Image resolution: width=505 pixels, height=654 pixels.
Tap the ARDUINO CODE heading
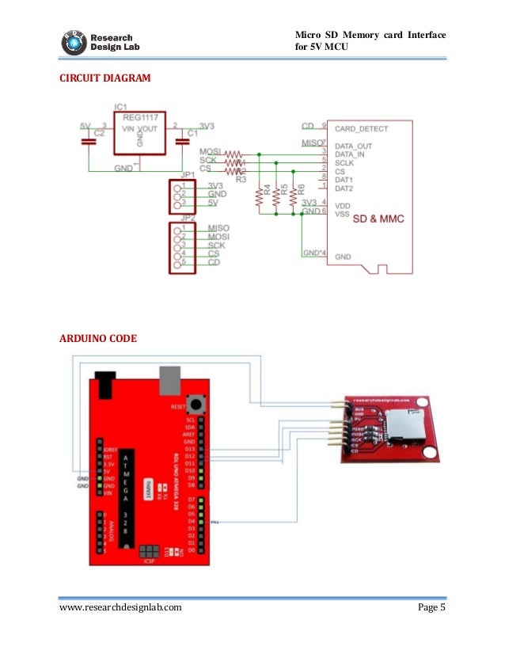coord(98,338)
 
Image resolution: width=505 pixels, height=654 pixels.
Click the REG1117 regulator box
coord(139,133)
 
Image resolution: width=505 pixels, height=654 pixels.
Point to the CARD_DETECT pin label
coord(360,127)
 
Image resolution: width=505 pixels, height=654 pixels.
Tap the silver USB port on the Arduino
coord(170,380)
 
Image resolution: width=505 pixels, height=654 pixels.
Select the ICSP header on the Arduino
coord(149,552)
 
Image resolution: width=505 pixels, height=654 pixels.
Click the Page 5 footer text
coord(431,608)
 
